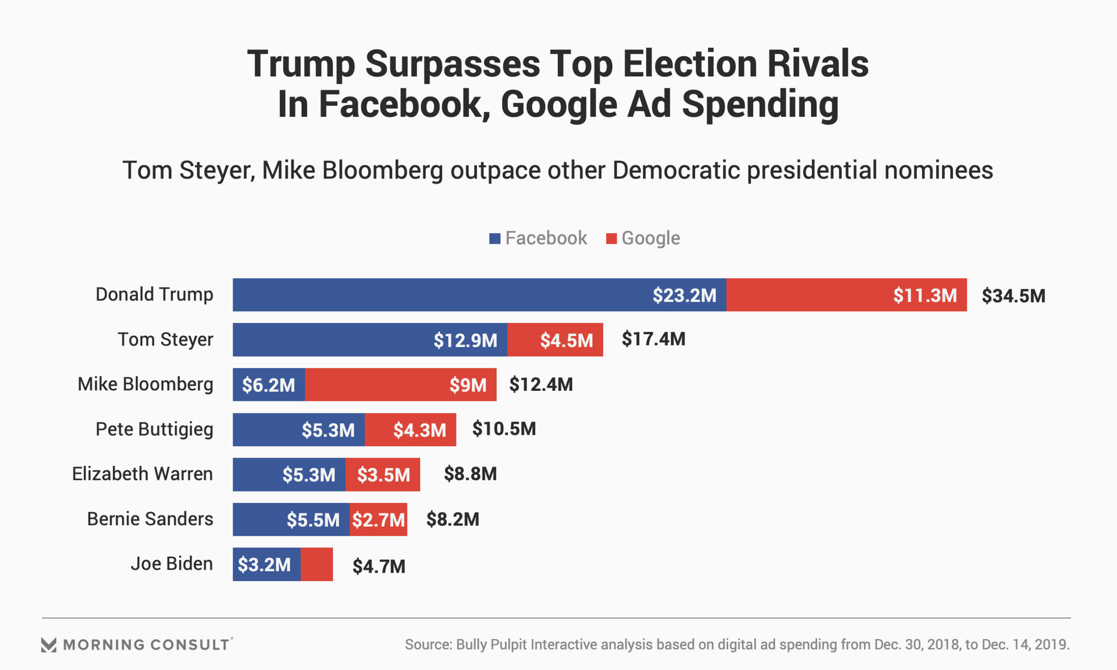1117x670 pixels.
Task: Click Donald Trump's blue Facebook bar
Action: [479, 295]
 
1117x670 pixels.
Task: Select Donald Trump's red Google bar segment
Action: [846, 295]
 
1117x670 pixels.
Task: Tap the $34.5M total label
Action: [1013, 296]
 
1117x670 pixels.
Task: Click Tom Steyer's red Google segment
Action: [555, 340]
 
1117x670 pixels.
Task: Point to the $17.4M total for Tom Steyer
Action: [653, 339]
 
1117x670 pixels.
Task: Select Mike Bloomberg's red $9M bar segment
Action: [400, 384]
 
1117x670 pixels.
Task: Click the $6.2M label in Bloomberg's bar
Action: [268, 385]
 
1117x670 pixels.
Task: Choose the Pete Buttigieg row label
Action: [154, 429]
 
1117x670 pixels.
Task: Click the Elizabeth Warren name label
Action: [143, 474]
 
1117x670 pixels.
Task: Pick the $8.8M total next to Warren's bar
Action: [470, 474]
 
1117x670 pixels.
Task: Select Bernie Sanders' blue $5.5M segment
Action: [291, 519]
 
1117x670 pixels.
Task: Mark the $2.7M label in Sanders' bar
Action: [378, 519]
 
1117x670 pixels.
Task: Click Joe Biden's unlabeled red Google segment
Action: [316, 564]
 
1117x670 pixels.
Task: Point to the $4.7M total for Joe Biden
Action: [379, 566]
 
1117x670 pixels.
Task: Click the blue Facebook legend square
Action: [495, 238]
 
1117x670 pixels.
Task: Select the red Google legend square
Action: [611, 238]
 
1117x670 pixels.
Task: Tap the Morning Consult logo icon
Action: [49, 644]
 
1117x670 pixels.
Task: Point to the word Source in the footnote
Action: [428, 644]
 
